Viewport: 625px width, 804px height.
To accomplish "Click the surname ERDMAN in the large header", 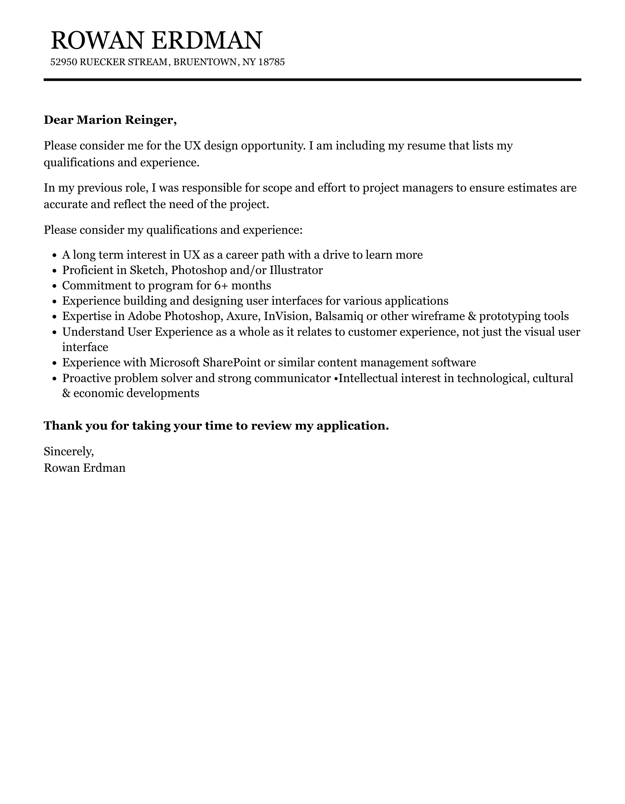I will [x=207, y=40].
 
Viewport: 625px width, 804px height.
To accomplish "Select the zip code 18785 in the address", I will [x=272, y=62].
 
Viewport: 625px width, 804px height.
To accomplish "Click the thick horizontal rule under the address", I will [x=312, y=80].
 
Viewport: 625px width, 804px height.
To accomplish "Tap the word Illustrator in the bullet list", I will [x=296, y=271].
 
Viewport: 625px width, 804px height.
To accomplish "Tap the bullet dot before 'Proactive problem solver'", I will [x=54, y=379].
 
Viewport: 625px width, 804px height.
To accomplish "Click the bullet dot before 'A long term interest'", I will [x=54, y=256].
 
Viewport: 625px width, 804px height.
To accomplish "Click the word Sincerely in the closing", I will [x=68, y=451].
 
